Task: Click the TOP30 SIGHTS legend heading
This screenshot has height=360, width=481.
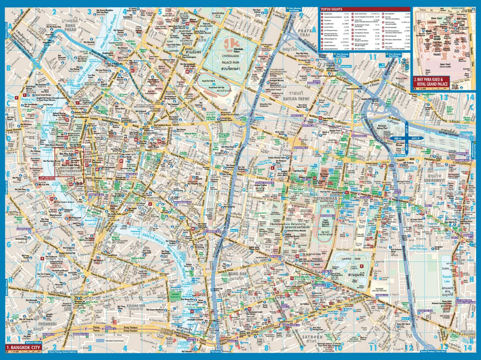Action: point(332,10)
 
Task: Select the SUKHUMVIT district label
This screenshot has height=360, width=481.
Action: point(443,183)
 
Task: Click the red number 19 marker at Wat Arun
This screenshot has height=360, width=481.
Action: point(51,199)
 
